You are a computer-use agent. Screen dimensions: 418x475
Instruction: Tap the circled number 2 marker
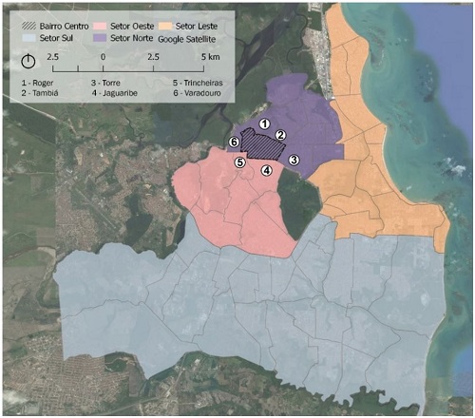click(281, 137)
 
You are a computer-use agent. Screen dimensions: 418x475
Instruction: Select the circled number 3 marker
click(294, 160)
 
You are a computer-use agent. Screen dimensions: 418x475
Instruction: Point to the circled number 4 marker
click(267, 171)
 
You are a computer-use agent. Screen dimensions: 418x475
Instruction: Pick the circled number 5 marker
click(239, 163)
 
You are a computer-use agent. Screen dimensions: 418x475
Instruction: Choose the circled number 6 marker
click(233, 142)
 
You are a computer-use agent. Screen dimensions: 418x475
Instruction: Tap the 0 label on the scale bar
click(103, 58)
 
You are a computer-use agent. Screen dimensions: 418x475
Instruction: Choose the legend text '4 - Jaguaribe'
click(121, 95)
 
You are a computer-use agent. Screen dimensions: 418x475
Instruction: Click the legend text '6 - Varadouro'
click(202, 95)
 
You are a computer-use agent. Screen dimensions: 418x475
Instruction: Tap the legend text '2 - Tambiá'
click(41, 95)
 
